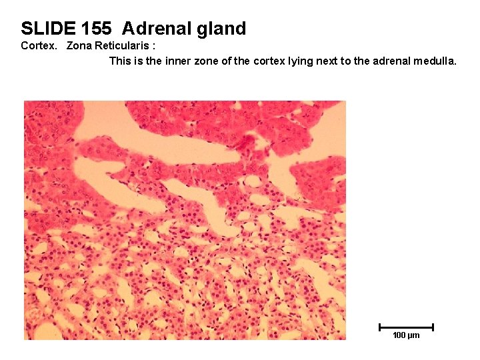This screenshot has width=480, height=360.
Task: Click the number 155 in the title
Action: click(96, 29)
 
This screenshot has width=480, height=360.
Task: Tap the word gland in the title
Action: click(219, 29)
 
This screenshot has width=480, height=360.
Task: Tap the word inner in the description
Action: click(187, 61)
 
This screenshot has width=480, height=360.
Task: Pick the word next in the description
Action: click(322, 61)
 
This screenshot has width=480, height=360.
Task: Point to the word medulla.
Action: click(435, 61)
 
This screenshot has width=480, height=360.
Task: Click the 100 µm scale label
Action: click(406, 335)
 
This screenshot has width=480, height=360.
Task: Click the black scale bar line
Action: click(406, 327)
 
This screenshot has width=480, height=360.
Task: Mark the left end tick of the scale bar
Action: click(379, 327)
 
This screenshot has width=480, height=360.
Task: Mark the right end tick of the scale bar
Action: click(433, 327)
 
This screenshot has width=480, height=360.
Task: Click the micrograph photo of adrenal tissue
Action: click(185, 220)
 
